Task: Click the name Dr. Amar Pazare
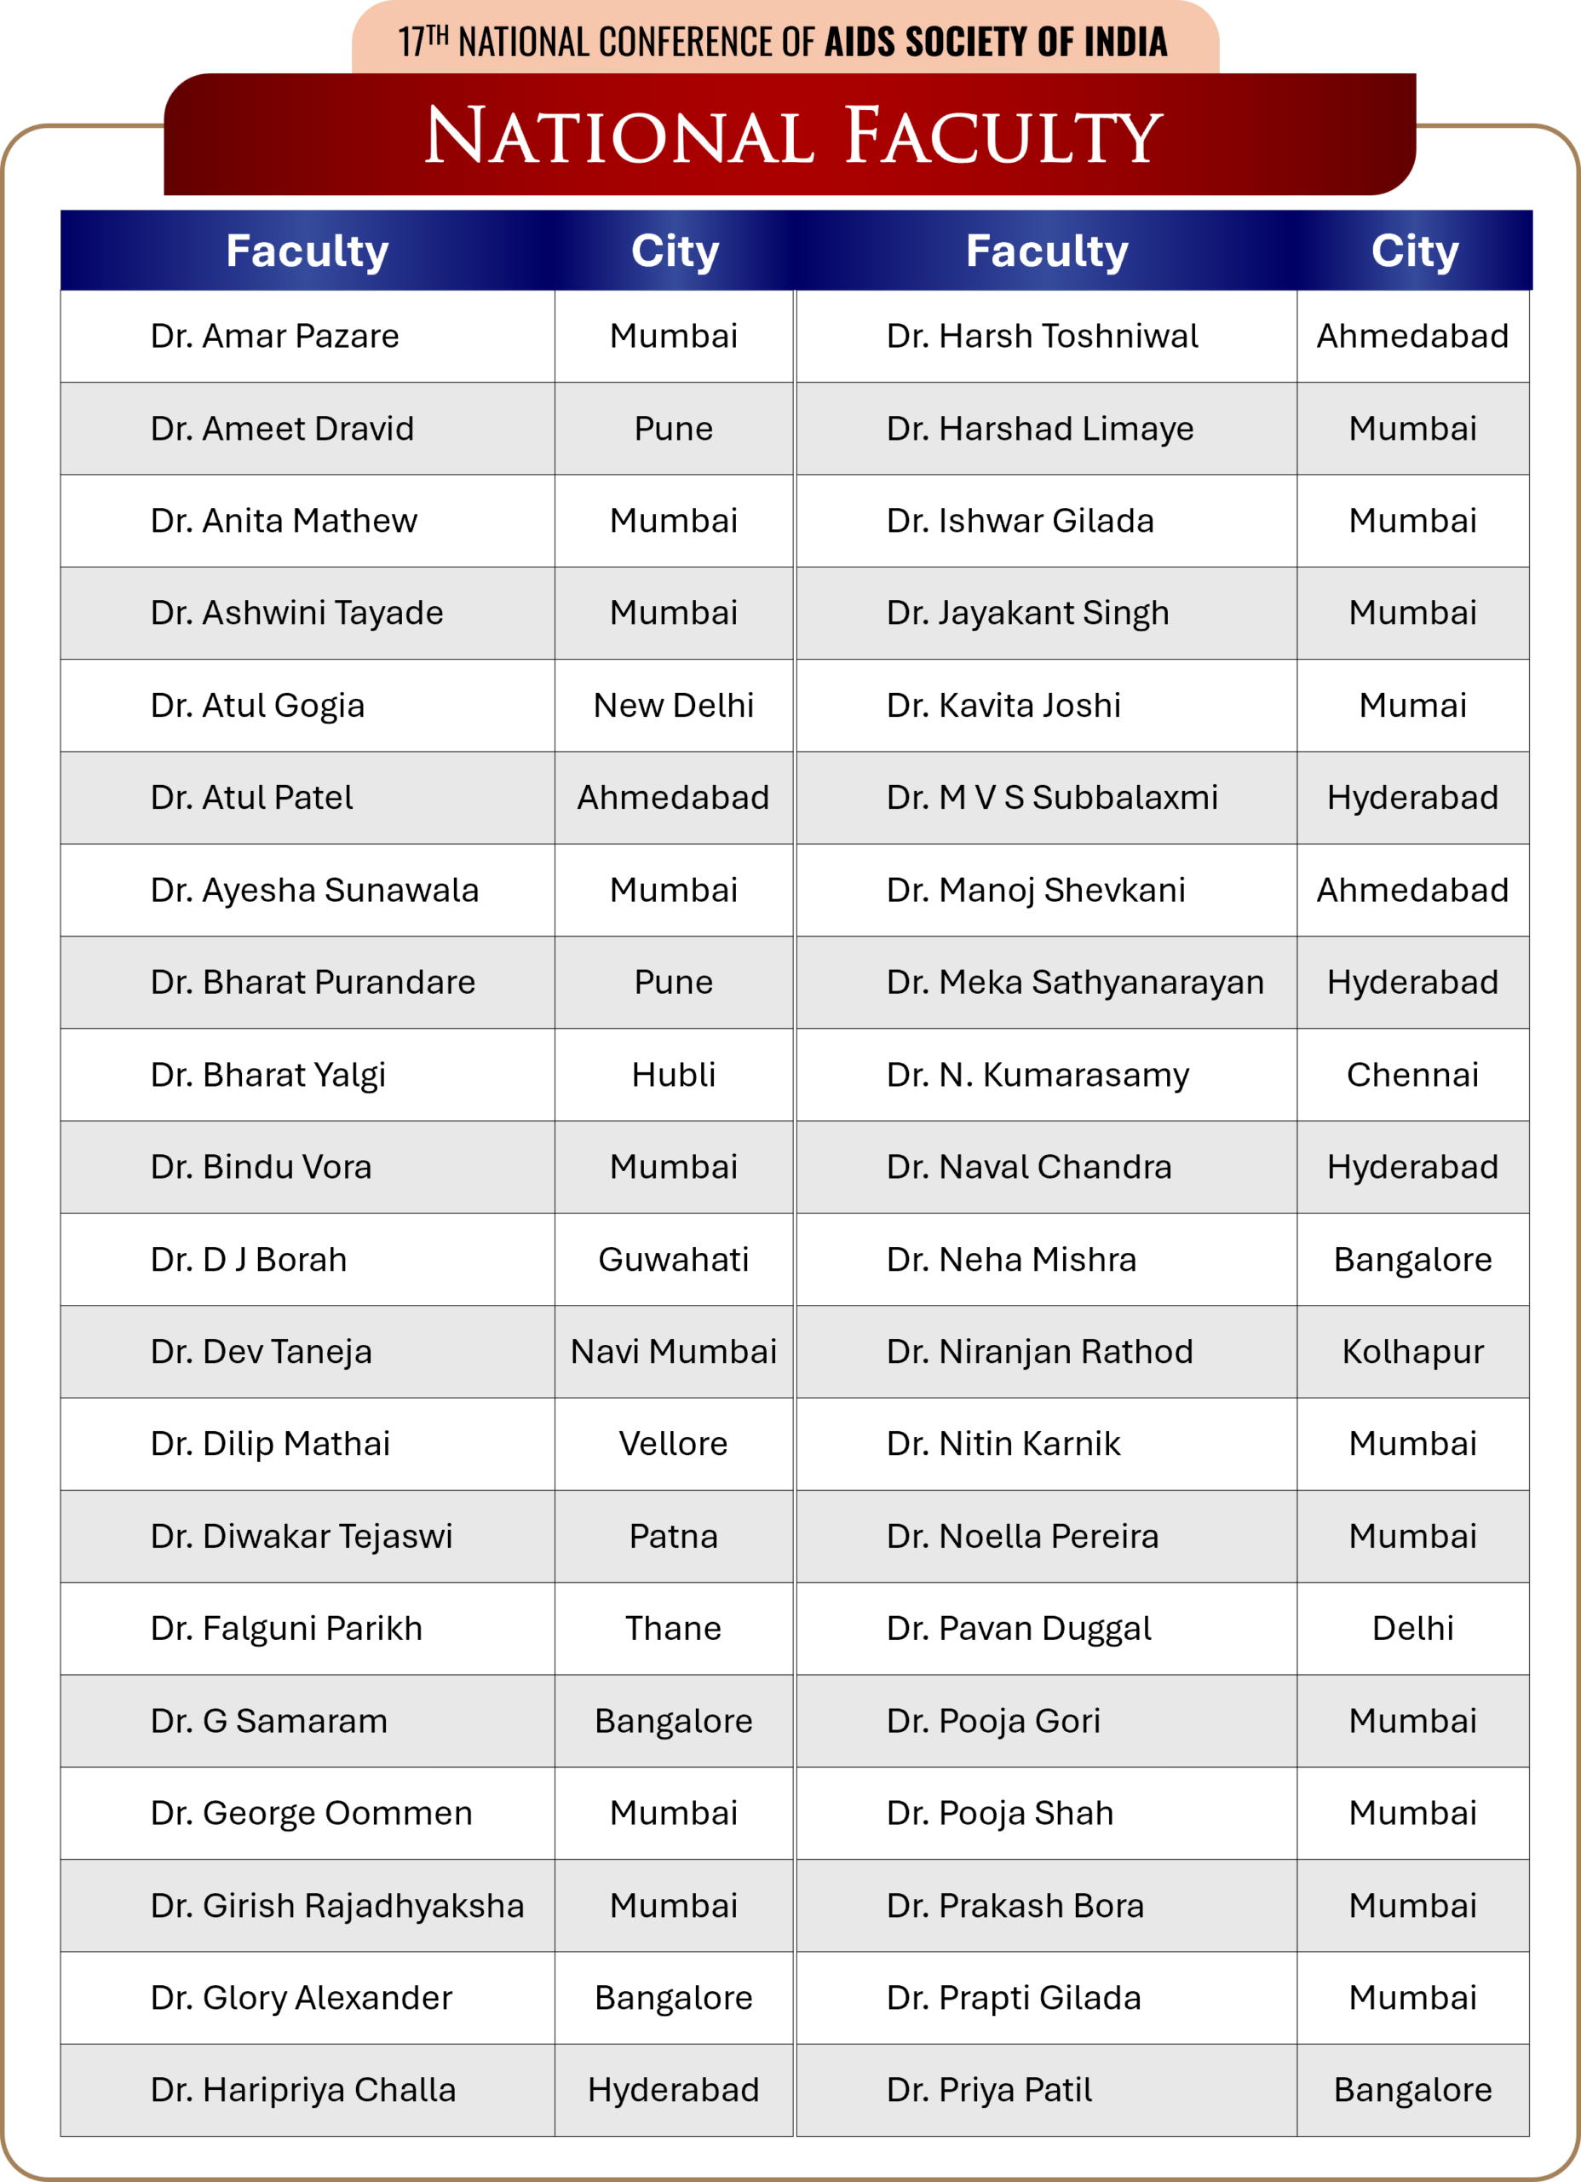tap(274, 337)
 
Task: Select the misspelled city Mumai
tap(1411, 705)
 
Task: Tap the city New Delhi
tap(673, 705)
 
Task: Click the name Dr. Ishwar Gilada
tap(1020, 521)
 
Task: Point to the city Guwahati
tap(673, 1260)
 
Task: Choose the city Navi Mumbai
tap(673, 1352)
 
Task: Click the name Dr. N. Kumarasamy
tap(1038, 1075)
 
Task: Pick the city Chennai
tap(1411, 1075)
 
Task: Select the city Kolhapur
tap(1411, 1352)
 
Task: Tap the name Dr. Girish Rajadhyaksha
tap(336, 1906)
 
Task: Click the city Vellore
tap(673, 1444)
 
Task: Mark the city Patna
tap(673, 1537)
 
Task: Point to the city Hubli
tap(673, 1075)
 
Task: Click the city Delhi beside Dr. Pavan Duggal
tap(1411, 1629)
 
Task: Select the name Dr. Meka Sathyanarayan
tap(1074, 982)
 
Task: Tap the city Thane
tap(673, 1629)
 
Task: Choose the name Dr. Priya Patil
tap(989, 2091)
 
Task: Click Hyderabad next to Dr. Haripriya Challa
tap(673, 2091)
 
